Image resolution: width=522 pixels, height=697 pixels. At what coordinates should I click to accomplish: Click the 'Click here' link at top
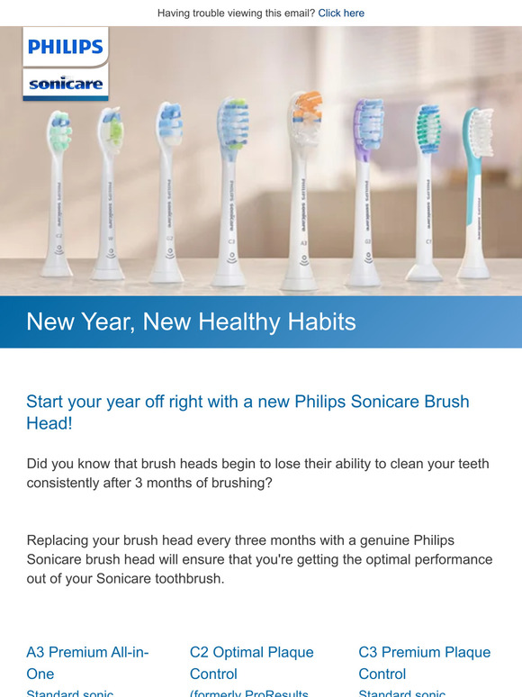point(341,14)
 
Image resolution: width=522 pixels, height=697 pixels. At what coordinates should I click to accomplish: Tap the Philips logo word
point(66,46)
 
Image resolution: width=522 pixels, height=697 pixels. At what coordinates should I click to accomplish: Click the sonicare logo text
point(66,86)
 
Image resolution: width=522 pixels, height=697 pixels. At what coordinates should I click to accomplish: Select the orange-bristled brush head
point(306,117)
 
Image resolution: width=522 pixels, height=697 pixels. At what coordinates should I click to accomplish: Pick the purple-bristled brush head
point(367,122)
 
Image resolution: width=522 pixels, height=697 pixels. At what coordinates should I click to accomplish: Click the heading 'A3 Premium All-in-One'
point(87,663)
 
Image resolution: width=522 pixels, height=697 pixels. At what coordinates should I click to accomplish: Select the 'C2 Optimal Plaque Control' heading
point(251,663)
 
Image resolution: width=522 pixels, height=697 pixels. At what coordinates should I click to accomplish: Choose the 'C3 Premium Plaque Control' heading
point(424,663)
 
